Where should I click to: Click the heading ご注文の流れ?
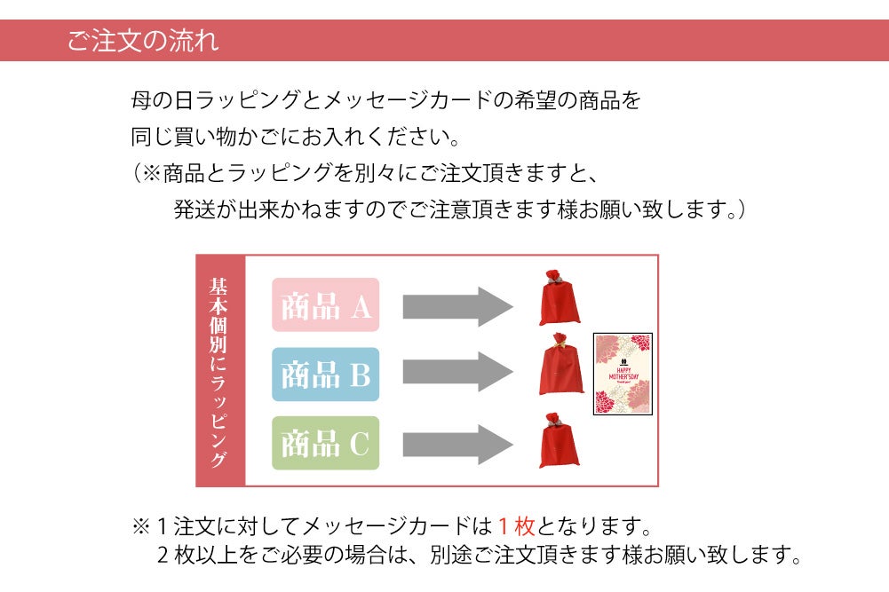point(142,41)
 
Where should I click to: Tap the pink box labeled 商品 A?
point(325,305)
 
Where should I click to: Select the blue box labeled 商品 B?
point(325,375)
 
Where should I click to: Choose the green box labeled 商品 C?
point(325,443)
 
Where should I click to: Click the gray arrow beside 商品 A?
point(456,306)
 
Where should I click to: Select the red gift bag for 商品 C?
point(559,440)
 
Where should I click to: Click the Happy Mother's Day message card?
point(623,374)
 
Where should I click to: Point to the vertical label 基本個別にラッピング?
point(219,371)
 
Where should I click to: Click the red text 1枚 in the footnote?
point(516,526)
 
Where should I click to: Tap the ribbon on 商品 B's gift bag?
point(559,342)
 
